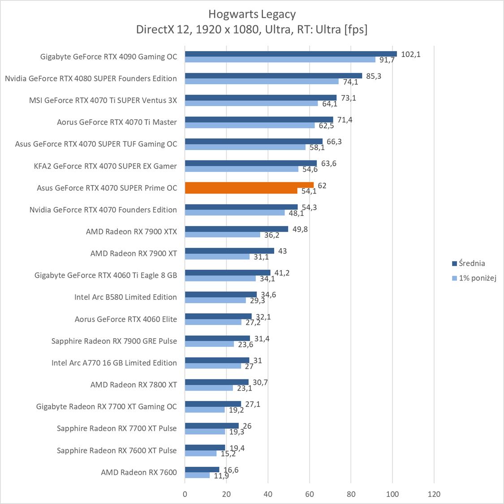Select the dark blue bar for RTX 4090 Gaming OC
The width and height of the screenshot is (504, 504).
pyautogui.click(x=291, y=54)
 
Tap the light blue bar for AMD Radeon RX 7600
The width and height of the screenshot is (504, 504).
pyautogui.click(x=197, y=475)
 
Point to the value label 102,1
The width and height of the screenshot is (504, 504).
pyautogui.click(x=410, y=54)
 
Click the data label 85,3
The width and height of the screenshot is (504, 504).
pyautogui.click(x=374, y=76)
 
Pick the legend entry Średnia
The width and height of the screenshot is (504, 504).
pyautogui.click(x=471, y=263)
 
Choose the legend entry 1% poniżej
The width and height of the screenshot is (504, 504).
pyautogui.click(x=477, y=278)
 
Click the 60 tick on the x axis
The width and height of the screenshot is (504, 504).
pyautogui.click(x=310, y=494)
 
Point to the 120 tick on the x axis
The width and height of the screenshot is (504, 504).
pyautogui.click(x=434, y=494)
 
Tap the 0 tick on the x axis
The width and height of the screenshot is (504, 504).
pyautogui.click(x=185, y=494)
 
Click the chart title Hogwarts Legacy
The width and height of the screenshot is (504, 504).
pyautogui.click(x=252, y=14)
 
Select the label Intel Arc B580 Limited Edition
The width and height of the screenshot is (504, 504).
pyautogui.click(x=125, y=297)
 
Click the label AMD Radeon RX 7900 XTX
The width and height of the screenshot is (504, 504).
pyautogui.click(x=131, y=232)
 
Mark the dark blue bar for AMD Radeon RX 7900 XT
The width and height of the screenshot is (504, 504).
pyautogui.click(x=229, y=251)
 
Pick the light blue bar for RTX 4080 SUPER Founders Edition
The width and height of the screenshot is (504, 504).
pyautogui.click(x=262, y=81)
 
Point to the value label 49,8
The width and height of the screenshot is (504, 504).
pyautogui.click(x=300, y=229)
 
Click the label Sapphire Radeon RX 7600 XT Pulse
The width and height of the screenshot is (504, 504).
pyautogui.click(x=116, y=450)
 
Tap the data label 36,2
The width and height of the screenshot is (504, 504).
pyautogui.click(x=271, y=235)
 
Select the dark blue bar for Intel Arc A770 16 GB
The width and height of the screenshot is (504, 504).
pyautogui.click(x=217, y=360)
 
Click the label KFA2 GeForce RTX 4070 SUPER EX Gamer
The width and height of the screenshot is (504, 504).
pyautogui.click(x=105, y=166)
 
